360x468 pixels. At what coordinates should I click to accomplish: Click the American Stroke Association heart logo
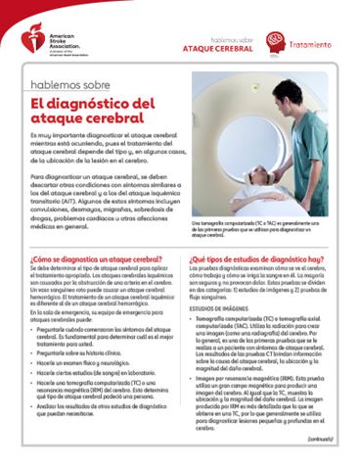click(14, 44)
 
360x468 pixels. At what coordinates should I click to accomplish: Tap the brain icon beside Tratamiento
click(276, 43)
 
